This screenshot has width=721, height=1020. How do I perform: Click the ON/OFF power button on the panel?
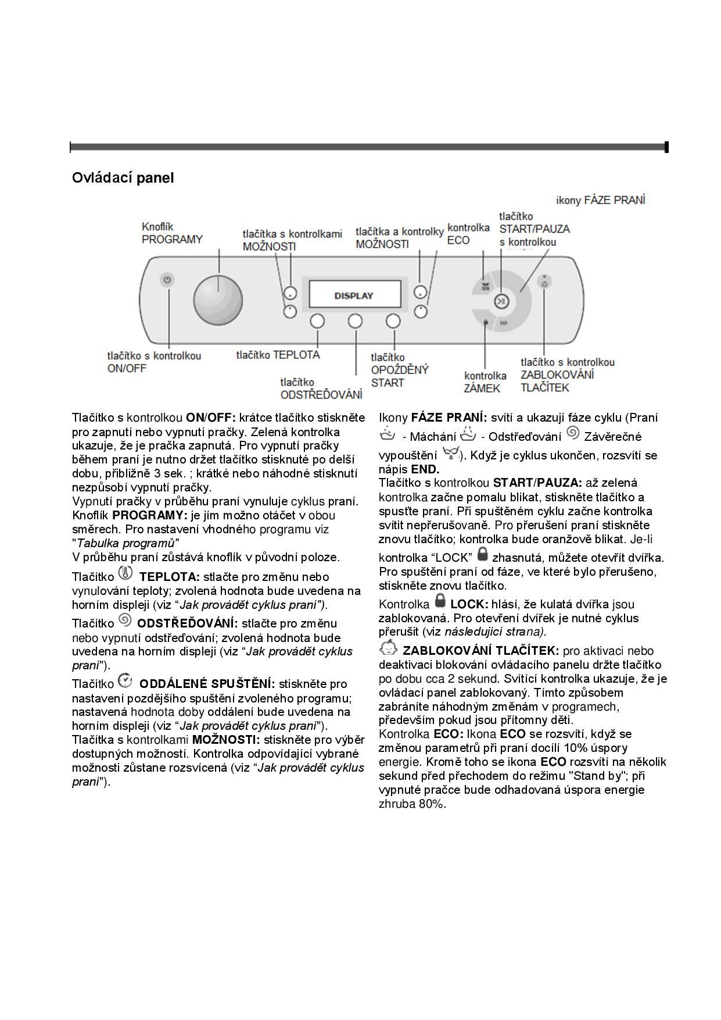click(167, 280)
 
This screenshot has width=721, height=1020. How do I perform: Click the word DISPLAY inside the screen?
click(354, 295)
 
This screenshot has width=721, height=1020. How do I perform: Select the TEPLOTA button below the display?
click(317, 320)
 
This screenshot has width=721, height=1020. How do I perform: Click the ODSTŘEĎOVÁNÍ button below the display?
click(355, 320)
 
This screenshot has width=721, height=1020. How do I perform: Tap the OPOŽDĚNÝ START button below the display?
click(393, 320)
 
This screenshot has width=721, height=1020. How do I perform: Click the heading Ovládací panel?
click(123, 177)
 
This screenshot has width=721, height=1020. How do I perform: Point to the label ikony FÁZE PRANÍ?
click(600, 200)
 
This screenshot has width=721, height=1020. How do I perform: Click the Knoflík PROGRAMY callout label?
click(172, 233)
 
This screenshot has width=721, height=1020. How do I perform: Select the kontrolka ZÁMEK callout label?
click(485, 382)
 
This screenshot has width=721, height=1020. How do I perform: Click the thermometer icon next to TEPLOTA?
click(125, 573)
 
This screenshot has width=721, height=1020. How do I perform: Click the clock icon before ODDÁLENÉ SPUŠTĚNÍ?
click(125, 680)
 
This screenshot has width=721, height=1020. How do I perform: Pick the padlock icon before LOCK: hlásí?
click(440, 600)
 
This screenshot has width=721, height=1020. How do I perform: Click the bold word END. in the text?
click(425, 469)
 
